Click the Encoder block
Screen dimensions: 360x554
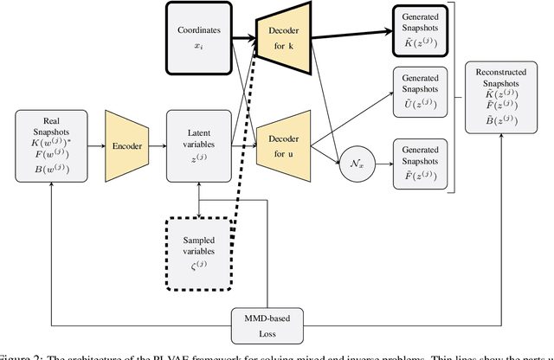click(x=128, y=146)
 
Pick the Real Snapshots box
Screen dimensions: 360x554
click(x=52, y=146)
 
